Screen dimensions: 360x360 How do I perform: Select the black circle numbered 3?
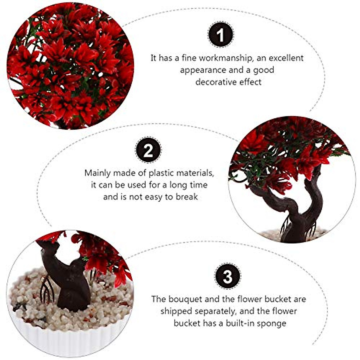coord(228,276)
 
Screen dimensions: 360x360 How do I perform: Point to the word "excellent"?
coord(286,58)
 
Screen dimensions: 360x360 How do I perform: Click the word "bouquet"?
coord(185,299)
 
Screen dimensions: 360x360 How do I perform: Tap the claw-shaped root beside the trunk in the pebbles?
coord(47,289)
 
